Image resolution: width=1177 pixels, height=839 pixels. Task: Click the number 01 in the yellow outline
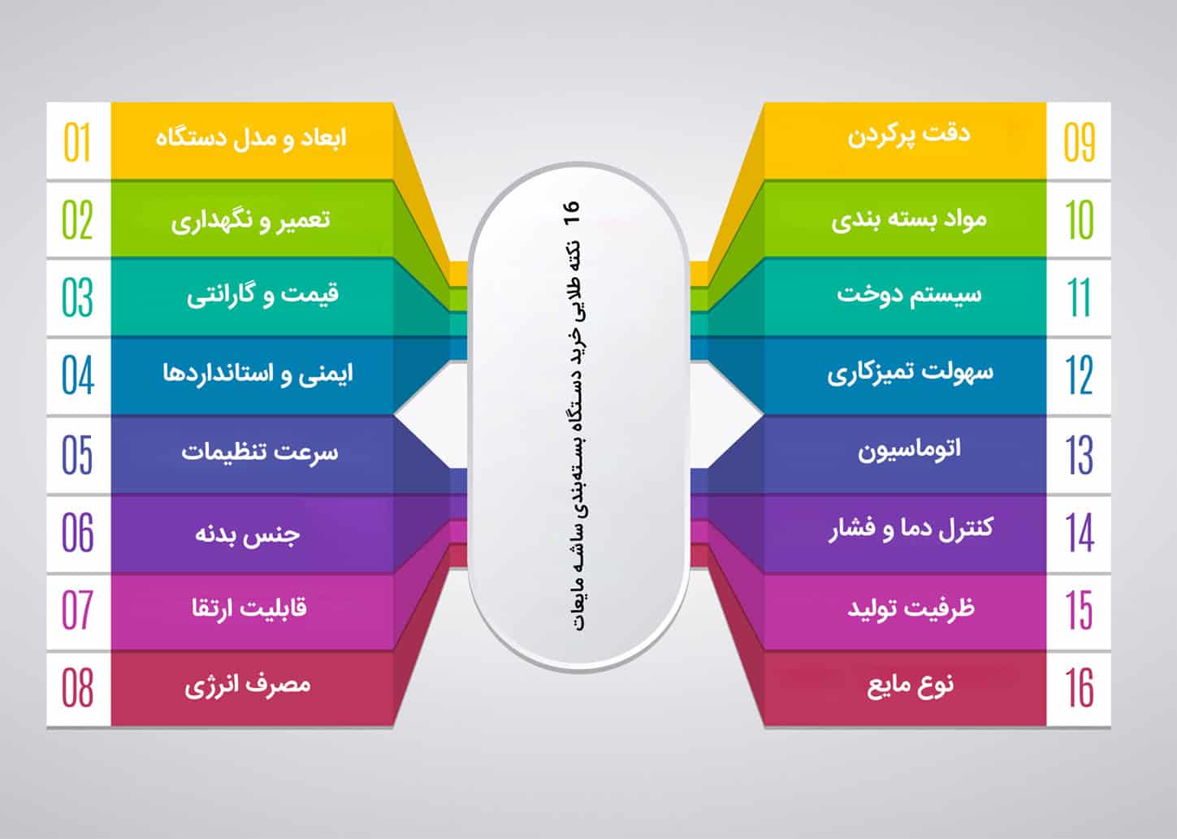pyautogui.click(x=77, y=142)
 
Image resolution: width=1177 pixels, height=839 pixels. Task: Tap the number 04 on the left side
pyautogui.click(x=78, y=375)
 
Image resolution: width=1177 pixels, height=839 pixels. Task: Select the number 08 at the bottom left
pyautogui.click(x=78, y=687)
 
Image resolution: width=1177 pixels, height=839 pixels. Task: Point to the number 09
pyautogui.click(x=1080, y=142)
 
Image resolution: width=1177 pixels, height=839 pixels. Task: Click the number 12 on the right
pyautogui.click(x=1080, y=375)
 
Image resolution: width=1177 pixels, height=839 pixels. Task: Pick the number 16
pyautogui.click(x=1080, y=687)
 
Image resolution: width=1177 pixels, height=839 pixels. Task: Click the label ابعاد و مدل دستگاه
pyautogui.click(x=251, y=137)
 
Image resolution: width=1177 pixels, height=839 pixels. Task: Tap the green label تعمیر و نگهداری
pyautogui.click(x=251, y=219)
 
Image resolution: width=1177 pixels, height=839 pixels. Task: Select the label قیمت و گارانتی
pyautogui.click(x=262, y=294)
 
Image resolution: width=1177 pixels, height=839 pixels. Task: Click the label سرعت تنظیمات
pyautogui.click(x=259, y=452)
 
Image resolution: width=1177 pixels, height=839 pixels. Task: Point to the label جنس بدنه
pyautogui.click(x=248, y=534)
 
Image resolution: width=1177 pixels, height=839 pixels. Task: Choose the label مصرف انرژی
pyautogui.click(x=248, y=685)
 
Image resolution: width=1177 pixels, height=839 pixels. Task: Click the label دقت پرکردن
pyautogui.click(x=909, y=135)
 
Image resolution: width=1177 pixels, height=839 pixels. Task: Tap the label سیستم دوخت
pyautogui.click(x=909, y=293)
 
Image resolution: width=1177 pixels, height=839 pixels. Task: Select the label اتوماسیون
pyautogui.click(x=909, y=448)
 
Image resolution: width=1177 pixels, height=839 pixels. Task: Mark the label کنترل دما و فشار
pyautogui.click(x=911, y=529)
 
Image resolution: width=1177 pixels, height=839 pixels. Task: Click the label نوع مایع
pyautogui.click(x=911, y=685)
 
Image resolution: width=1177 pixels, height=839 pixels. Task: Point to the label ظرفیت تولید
pyautogui.click(x=911, y=608)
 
